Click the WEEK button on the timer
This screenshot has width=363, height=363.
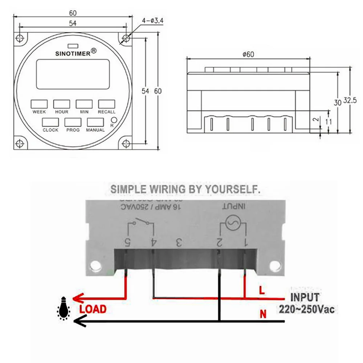point(39,104)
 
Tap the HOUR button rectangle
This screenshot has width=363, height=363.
point(61,104)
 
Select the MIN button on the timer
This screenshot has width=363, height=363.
point(84,104)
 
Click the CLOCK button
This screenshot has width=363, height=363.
point(50,122)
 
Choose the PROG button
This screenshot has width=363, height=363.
point(73,122)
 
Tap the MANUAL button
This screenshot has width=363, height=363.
point(95,122)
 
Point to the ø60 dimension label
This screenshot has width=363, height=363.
point(248,54)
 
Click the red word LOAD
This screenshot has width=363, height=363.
point(93,309)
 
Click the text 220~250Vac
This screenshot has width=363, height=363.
point(307,310)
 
